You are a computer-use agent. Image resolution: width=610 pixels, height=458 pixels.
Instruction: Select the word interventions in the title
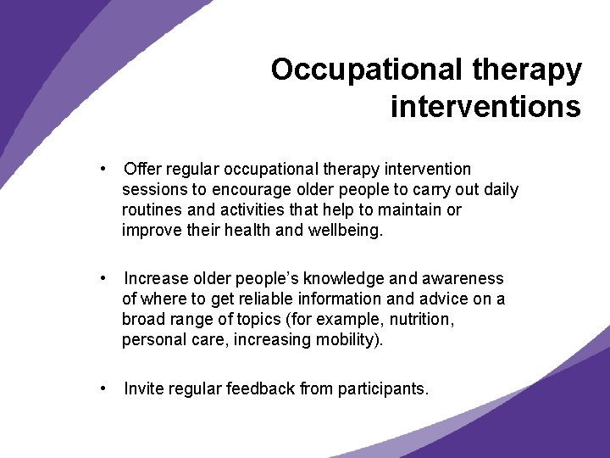pos(485,107)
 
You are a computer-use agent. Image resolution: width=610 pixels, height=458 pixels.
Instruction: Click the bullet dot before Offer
pos(102,169)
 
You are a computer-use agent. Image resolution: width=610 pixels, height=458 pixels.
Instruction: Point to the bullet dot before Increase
pos(102,278)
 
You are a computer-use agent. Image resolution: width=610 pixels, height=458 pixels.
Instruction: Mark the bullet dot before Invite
pos(102,388)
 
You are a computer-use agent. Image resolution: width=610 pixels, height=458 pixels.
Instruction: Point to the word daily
pos(500,189)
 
